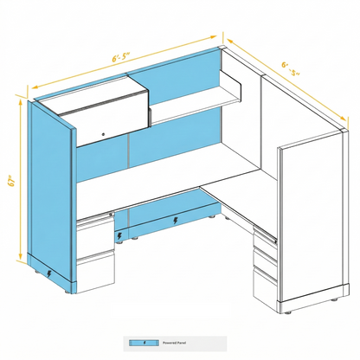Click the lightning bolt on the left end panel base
point(48,273)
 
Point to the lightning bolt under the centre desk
point(177,220)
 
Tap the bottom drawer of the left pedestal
point(95,270)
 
